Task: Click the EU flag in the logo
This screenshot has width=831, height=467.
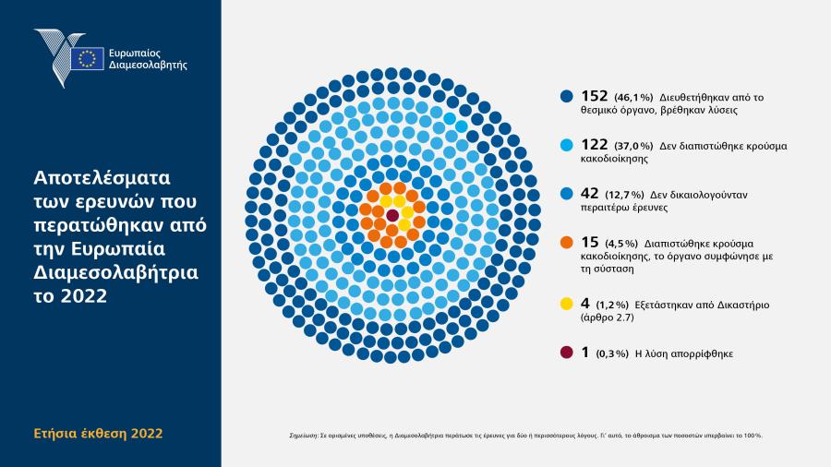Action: (x=88, y=58)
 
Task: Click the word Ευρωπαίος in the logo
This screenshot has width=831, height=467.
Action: (x=134, y=53)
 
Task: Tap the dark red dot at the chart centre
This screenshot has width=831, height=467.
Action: (x=392, y=215)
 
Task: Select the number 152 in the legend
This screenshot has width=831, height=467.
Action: (x=594, y=96)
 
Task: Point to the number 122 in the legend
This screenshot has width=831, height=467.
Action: (x=594, y=145)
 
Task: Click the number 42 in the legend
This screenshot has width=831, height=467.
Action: (x=590, y=193)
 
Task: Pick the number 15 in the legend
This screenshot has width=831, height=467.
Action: (x=590, y=242)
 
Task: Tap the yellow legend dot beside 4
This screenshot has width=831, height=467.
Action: (x=567, y=304)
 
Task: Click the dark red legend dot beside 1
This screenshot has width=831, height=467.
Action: (x=567, y=353)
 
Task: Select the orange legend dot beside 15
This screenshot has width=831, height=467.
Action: (x=567, y=243)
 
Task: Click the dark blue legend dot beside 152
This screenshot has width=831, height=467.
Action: (x=567, y=96)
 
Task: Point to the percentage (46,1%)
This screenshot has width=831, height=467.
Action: (x=633, y=98)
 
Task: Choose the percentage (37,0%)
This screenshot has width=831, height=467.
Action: (x=633, y=146)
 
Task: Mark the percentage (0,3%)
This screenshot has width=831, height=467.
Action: (x=612, y=353)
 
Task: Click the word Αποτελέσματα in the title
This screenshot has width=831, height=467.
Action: (x=102, y=178)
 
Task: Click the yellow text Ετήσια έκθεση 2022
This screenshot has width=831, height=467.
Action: (x=98, y=434)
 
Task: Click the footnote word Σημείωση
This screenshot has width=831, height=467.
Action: (x=303, y=436)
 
